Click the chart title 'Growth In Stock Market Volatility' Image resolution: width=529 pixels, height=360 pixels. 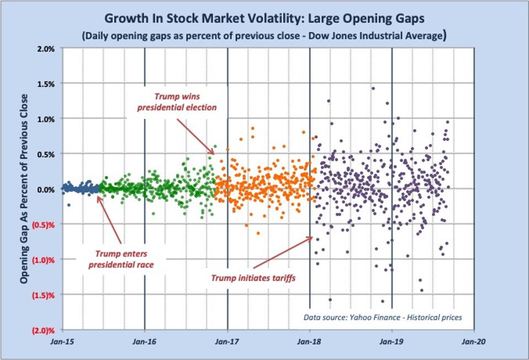click(264, 18)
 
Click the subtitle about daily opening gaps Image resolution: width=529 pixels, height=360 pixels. click(264, 36)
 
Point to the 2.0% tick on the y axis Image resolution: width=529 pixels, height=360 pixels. click(45, 49)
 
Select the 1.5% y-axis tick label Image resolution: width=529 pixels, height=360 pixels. click(45, 84)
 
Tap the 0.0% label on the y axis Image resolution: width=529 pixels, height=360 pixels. click(45, 189)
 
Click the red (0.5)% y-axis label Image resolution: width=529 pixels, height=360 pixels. click(44, 224)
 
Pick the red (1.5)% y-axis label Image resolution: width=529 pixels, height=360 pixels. click(44, 295)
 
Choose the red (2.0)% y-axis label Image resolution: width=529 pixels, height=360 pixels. click(44, 330)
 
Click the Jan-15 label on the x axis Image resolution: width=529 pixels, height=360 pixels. click(62, 342)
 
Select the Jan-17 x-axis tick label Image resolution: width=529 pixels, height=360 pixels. click(227, 342)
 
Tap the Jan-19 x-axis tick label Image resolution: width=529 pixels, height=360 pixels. click(392, 342)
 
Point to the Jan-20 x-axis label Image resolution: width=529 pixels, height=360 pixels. click(473, 342)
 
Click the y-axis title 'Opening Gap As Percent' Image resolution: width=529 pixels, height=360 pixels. click(24, 189)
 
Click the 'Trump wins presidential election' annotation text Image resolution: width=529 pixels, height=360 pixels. click(177, 102)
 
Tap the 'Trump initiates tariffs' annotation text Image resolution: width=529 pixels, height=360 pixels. click(253, 277)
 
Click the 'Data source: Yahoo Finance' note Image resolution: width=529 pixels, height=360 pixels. click(382, 317)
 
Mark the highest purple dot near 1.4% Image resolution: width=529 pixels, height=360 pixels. click(373, 88)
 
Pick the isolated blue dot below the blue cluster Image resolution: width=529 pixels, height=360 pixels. click(69, 205)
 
